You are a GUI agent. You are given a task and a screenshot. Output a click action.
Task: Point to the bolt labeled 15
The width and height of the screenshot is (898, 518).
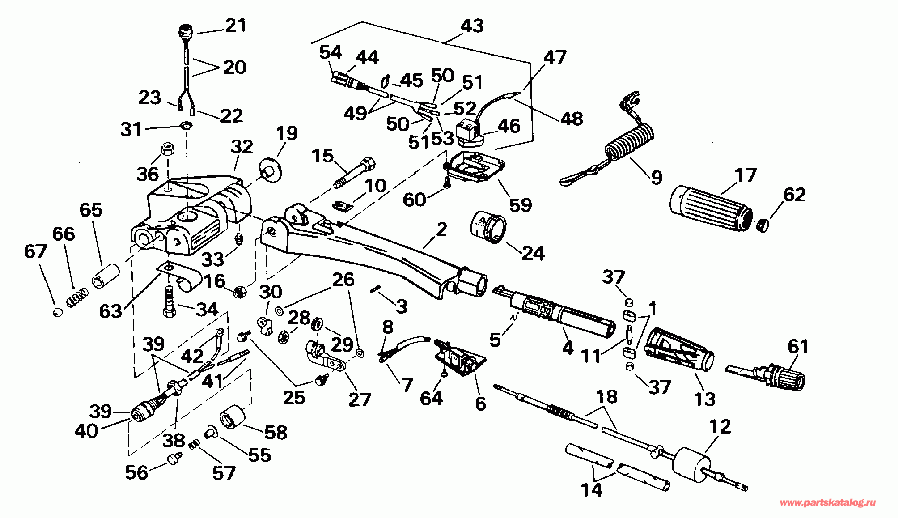tap(354, 172)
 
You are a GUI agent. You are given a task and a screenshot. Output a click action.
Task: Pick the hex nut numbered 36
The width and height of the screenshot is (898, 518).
tap(167, 150)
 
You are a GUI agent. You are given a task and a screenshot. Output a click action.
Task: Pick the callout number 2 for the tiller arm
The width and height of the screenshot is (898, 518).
tap(441, 230)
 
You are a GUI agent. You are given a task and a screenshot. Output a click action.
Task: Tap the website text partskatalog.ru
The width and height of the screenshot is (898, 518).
tap(834, 503)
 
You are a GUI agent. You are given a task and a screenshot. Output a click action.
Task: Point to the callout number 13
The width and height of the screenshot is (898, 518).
tap(705, 399)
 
